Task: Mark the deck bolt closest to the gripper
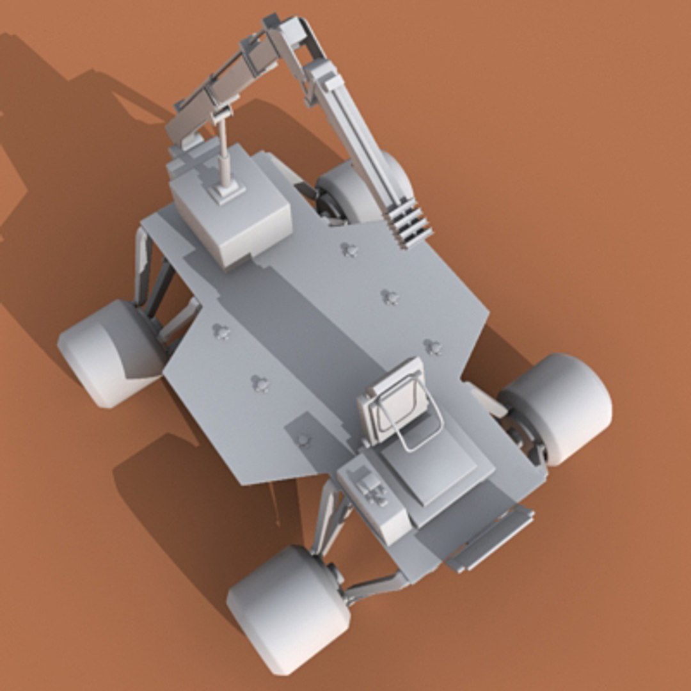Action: (x=349, y=250)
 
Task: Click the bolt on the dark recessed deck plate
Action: (x=303, y=440)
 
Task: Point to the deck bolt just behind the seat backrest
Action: (x=433, y=347)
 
